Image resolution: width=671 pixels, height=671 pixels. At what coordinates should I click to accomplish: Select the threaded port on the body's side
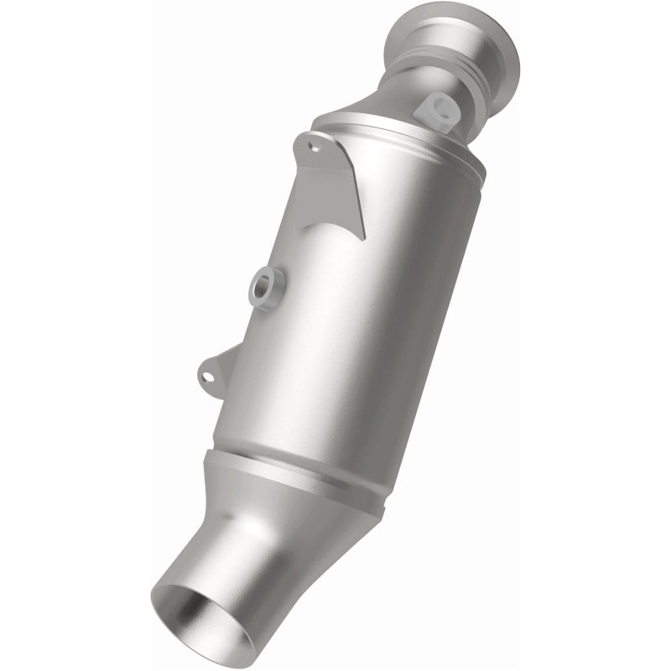click(x=268, y=288)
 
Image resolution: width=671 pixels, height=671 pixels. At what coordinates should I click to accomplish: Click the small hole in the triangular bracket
click(x=315, y=146)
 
